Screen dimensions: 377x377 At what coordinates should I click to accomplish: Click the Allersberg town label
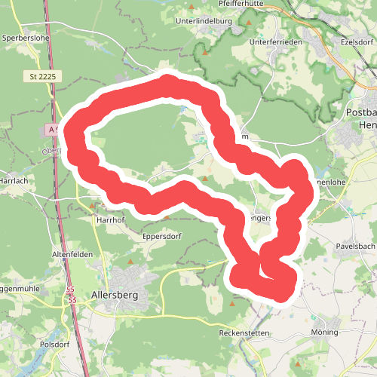[x=113, y=295]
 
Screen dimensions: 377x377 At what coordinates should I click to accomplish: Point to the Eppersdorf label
[x=162, y=234]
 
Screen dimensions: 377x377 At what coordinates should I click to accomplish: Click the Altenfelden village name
[x=72, y=254]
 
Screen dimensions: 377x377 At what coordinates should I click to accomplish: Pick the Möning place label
[x=325, y=333]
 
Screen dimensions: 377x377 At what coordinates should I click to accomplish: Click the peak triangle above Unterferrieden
[x=250, y=23]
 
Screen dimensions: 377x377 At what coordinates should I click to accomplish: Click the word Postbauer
[x=360, y=112]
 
